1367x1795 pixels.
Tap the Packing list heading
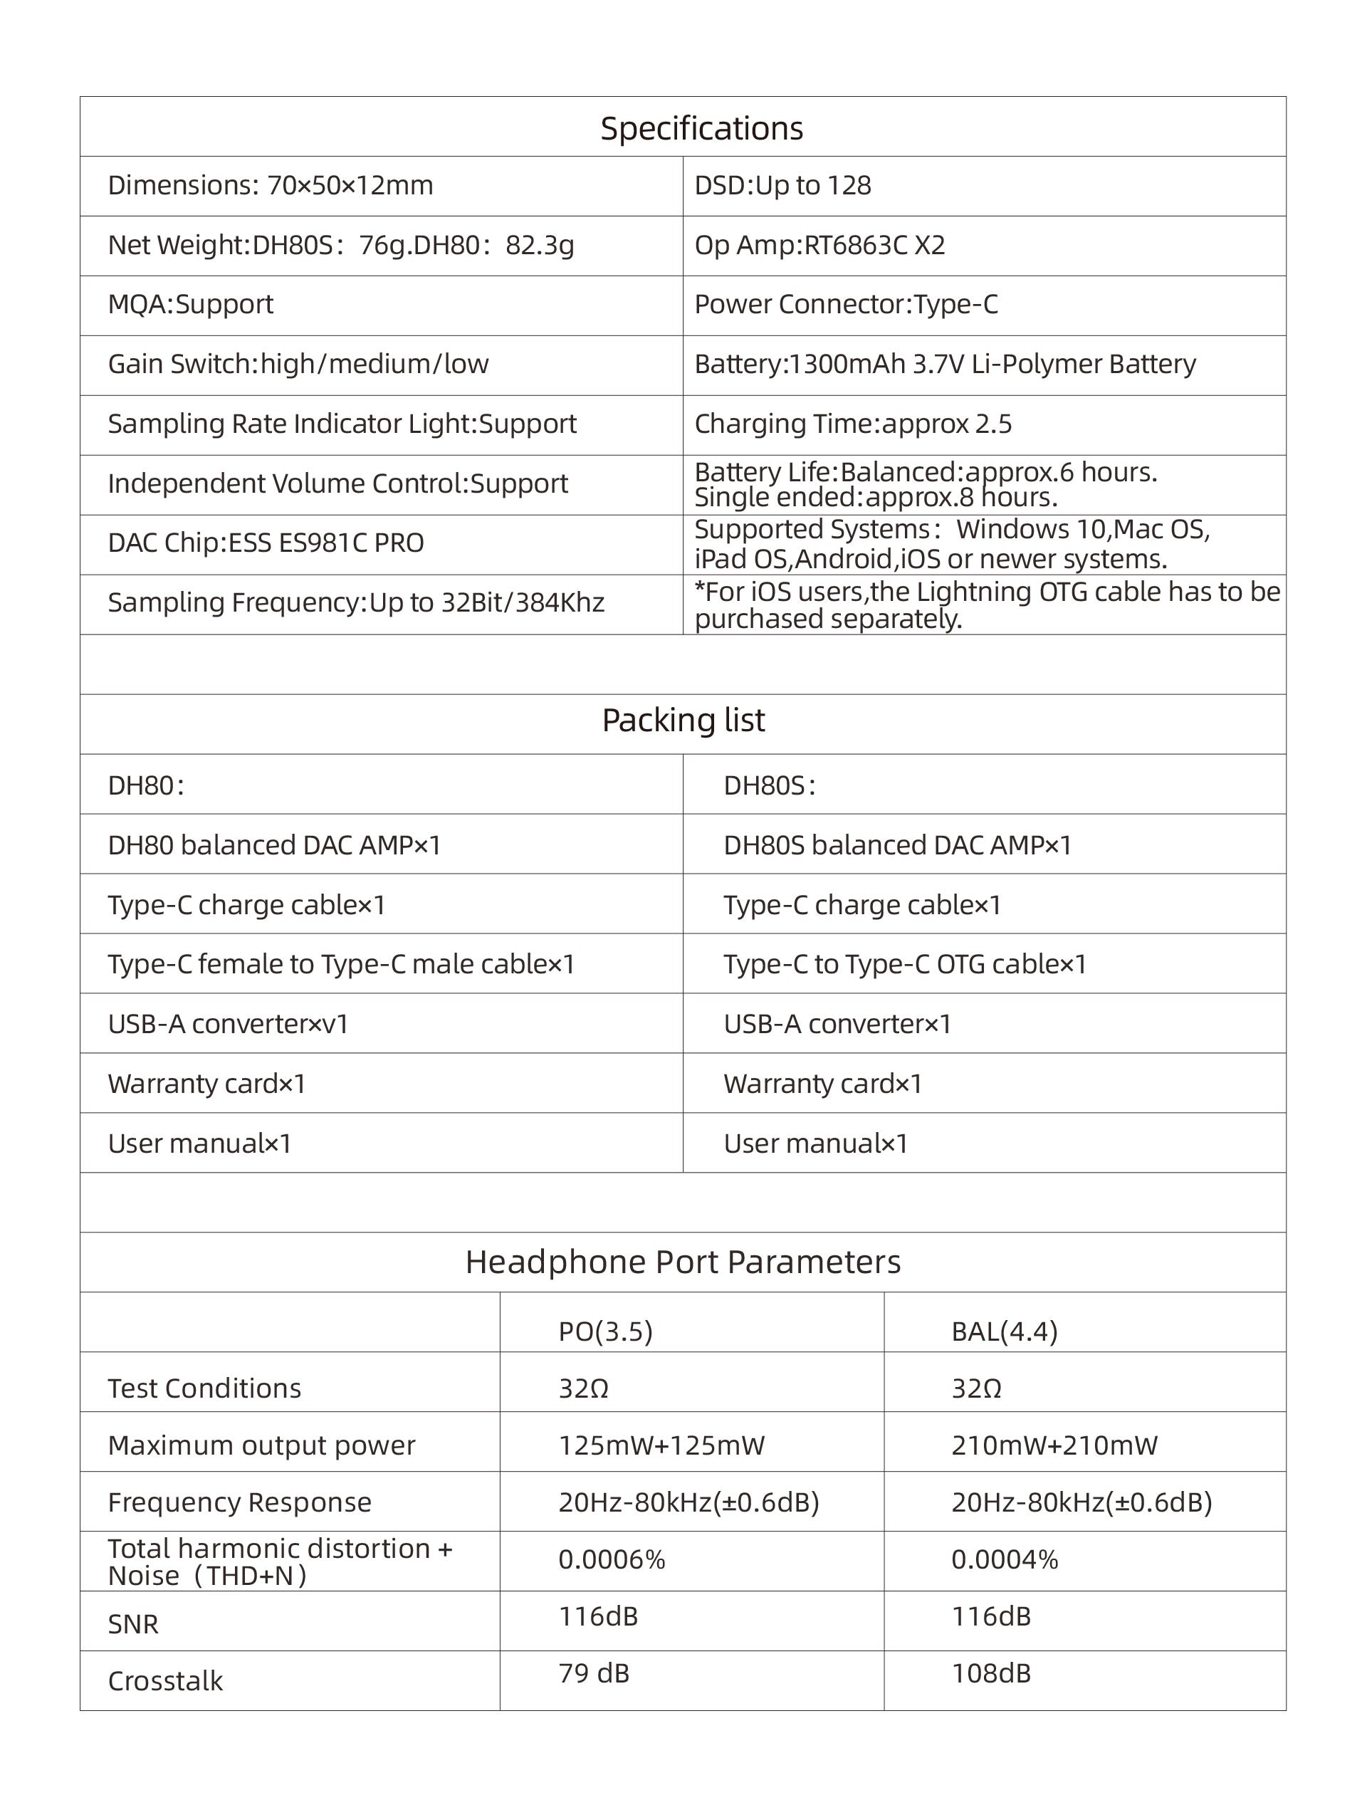[683, 720]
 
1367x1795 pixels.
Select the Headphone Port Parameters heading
[683, 1262]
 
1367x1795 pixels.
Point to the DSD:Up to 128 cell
[782, 186]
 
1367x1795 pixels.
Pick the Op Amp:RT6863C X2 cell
[819, 245]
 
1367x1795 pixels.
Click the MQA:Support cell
[190, 304]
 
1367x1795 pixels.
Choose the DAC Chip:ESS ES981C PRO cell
[266, 543]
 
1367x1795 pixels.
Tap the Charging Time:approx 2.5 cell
[853, 424]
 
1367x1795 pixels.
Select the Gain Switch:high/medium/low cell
[298, 364]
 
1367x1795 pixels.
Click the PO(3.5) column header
[605, 1331]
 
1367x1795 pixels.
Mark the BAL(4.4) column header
[1004, 1331]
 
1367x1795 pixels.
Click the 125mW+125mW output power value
[661, 1445]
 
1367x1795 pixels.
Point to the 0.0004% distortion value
[1004, 1559]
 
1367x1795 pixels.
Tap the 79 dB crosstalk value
[593, 1673]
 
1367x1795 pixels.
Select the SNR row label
[132, 1624]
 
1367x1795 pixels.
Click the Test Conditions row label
[204, 1388]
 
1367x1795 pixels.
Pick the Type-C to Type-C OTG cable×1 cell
[905, 964]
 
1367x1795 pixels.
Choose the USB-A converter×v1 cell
[228, 1024]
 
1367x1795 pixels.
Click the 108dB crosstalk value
[990, 1673]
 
